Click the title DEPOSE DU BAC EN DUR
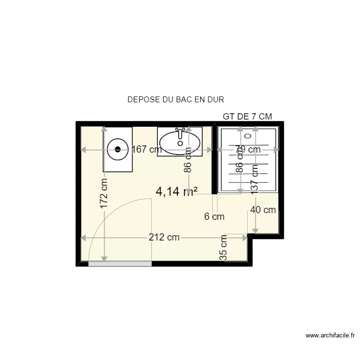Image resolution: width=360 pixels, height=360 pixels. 176,100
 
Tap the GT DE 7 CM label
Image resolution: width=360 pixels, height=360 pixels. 247,117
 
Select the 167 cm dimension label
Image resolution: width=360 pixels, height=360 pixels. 146,150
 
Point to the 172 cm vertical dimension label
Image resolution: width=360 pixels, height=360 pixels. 104,192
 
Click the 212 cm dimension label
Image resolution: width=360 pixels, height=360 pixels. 164,237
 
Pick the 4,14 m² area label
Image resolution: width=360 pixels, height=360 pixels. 175,192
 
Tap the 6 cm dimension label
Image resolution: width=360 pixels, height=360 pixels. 214,217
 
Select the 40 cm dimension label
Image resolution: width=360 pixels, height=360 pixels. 263,210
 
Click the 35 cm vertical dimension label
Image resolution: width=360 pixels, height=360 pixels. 223,248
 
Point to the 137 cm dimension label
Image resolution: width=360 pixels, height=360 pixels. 255,178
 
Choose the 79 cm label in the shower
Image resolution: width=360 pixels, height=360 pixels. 248,150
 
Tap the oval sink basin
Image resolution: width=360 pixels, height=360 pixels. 180,142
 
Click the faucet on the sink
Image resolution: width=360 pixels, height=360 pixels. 180,130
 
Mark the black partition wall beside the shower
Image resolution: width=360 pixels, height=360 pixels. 215,158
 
